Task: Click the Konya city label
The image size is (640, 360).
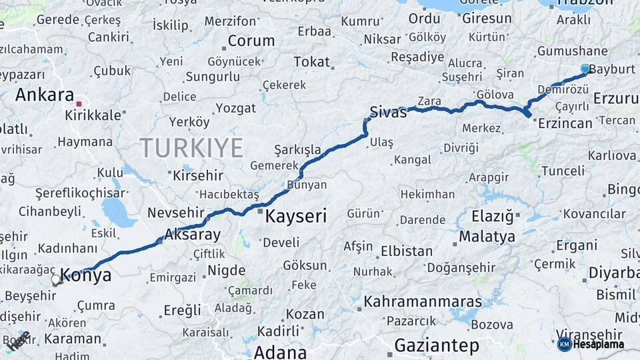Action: point(86,275)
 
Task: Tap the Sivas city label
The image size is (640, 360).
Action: point(388,112)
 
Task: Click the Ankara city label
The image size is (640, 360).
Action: point(44,95)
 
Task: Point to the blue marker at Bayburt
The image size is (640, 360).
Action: point(585,69)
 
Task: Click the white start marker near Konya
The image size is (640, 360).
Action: point(56,280)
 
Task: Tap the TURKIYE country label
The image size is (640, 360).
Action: point(191,147)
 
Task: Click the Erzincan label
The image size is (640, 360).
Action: point(565,123)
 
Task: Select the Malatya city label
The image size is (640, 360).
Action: point(487,237)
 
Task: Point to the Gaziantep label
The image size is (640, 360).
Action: point(437,345)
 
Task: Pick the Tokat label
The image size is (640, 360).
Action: point(312,62)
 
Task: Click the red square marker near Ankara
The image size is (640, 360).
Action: point(79,104)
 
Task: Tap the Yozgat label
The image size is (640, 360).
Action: point(236,108)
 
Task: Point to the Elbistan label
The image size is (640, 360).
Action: point(407,251)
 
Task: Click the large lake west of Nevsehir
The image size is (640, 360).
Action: point(119,213)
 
